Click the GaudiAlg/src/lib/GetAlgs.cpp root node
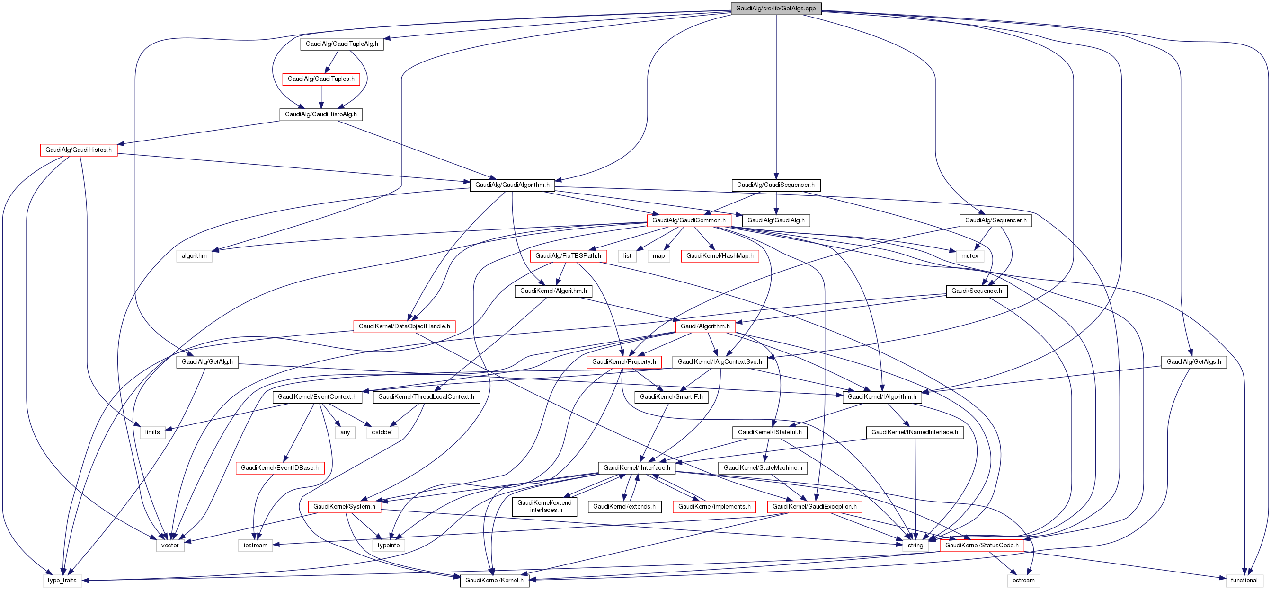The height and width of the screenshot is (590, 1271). point(776,9)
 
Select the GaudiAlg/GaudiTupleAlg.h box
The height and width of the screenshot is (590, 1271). point(341,44)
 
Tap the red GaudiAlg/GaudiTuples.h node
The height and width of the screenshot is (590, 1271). point(321,79)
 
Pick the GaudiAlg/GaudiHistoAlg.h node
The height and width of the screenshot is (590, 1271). point(321,114)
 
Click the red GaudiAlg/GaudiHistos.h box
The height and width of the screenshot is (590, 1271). point(79,150)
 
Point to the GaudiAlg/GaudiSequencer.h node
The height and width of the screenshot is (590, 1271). point(776,185)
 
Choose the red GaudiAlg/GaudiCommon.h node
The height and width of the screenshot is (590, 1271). point(688,220)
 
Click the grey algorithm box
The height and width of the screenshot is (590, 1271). point(194,256)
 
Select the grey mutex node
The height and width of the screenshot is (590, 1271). point(969,256)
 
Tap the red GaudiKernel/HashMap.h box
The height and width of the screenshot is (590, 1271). point(720,256)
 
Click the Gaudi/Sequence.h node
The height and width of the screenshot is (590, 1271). point(976,291)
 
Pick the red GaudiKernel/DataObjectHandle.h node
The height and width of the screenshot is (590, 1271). point(404,326)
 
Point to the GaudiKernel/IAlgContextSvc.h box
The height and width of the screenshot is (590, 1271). point(720,362)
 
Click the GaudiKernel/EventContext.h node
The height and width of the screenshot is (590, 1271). point(317,397)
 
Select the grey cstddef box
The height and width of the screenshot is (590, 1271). point(382,432)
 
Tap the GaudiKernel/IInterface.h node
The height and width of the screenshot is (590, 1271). point(637,467)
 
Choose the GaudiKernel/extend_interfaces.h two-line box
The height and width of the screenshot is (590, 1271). point(544,507)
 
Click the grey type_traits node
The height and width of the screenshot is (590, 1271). point(62,581)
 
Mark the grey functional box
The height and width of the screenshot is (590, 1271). point(1244,581)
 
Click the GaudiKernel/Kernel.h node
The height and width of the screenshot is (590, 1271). point(494,581)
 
